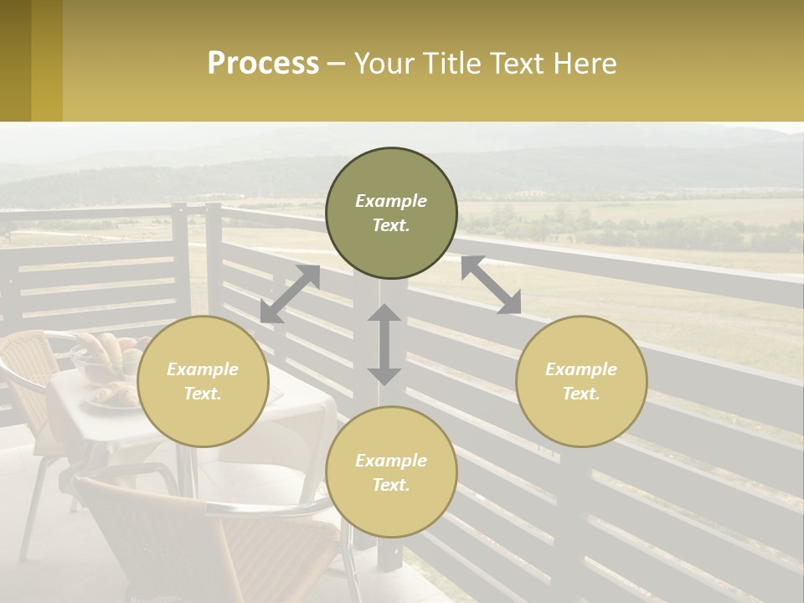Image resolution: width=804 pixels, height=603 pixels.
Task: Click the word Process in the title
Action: pyautogui.click(x=263, y=64)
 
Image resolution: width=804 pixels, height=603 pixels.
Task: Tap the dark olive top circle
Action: pyautogui.click(x=391, y=213)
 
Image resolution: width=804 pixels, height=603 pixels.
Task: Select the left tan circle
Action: pyautogui.click(x=203, y=381)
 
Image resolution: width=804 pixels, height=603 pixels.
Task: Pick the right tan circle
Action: pyautogui.click(x=581, y=381)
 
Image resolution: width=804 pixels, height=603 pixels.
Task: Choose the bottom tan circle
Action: pyautogui.click(x=391, y=472)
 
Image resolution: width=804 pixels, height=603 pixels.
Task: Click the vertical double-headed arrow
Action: pyautogui.click(x=384, y=344)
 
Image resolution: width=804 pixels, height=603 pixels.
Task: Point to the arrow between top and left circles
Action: pyautogui.click(x=290, y=294)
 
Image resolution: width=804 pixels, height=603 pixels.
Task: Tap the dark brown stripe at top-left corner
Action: pyautogui.click(x=15, y=60)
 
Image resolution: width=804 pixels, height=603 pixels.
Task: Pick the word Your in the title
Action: pyautogui.click(x=384, y=64)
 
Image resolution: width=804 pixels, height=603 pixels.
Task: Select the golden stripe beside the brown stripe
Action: pyautogui.click(x=47, y=60)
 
